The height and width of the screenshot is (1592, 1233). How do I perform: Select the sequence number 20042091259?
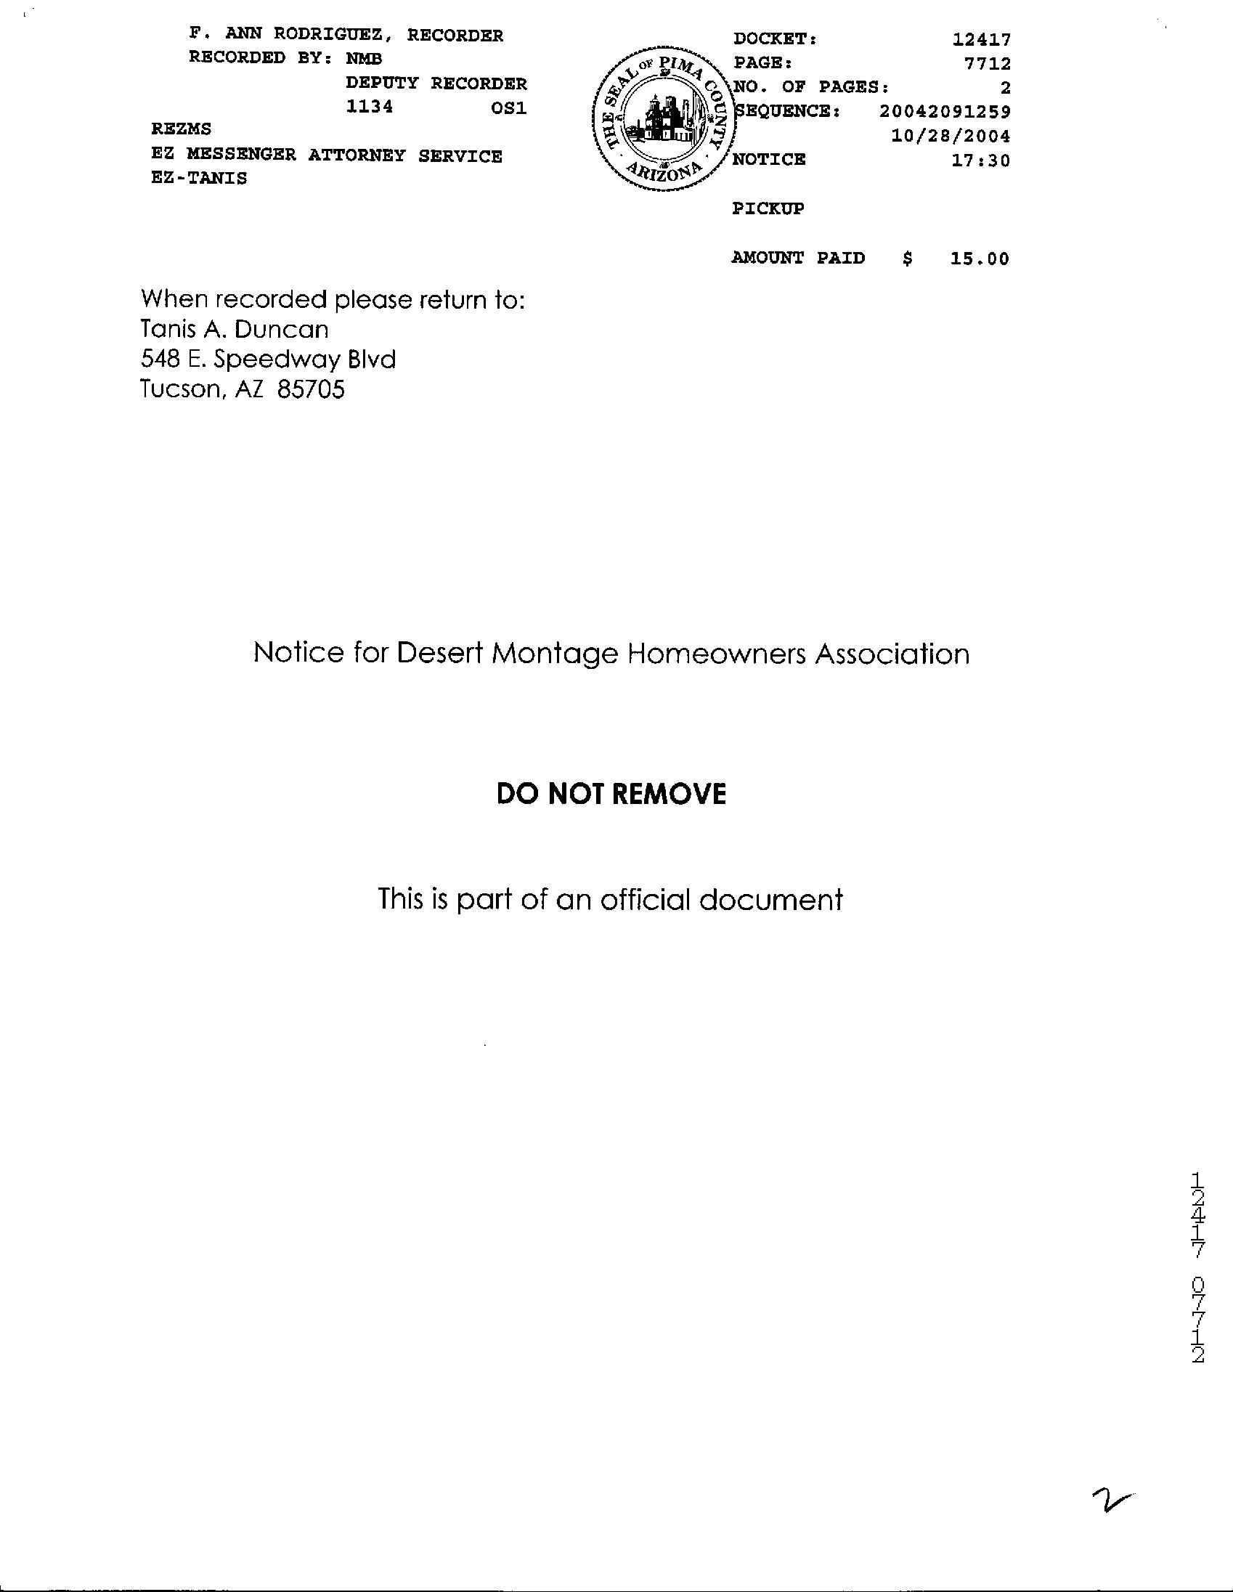[945, 112]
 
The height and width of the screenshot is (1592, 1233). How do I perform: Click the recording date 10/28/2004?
[951, 137]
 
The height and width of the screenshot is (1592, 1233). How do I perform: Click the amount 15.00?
[980, 259]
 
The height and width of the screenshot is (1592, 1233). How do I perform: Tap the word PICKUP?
[768, 208]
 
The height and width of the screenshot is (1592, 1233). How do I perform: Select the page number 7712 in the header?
[988, 64]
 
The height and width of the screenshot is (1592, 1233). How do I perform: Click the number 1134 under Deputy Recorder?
[370, 107]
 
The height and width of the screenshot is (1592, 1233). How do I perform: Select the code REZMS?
[181, 129]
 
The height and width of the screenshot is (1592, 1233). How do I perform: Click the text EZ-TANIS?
[199, 178]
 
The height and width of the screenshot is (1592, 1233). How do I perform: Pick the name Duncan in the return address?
[291, 330]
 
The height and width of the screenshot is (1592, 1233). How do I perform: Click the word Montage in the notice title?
[556, 654]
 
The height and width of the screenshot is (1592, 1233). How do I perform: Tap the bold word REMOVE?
[673, 794]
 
